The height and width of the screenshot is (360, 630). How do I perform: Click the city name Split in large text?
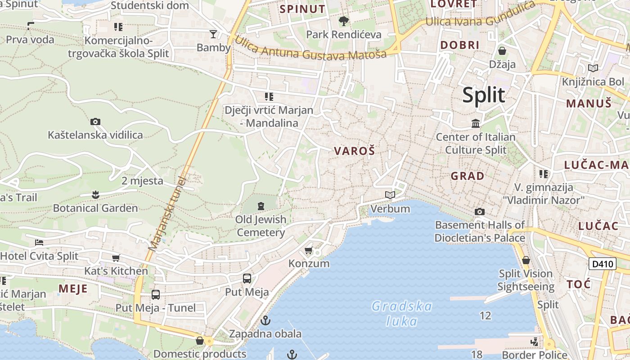click(x=484, y=95)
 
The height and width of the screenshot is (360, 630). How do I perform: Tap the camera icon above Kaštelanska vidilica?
click(x=95, y=121)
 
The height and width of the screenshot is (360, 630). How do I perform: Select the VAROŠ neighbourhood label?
click(x=354, y=151)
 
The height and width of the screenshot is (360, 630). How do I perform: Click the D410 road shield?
click(x=602, y=264)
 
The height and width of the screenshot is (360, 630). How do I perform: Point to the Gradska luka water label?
click(x=402, y=314)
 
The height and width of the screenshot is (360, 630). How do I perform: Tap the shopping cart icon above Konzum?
click(x=309, y=250)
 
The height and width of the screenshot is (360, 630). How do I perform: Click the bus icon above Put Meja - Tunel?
click(x=156, y=295)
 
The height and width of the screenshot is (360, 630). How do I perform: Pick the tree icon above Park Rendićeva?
click(x=343, y=21)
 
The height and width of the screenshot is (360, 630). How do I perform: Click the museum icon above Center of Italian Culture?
click(x=476, y=123)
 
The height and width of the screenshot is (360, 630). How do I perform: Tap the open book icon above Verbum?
click(x=390, y=195)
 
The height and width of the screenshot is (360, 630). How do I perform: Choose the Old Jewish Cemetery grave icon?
click(x=261, y=206)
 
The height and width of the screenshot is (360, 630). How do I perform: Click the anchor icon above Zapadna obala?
click(x=265, y=320)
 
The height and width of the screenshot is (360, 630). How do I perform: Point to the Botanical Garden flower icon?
click(x=95, y=194)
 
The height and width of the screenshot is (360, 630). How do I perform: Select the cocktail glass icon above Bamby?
click(x=213, y=34)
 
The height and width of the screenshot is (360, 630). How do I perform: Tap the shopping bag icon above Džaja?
click(x=502, y=51)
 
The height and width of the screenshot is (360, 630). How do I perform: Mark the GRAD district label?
click(x=468, y=176)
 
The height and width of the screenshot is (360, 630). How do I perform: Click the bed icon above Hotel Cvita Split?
click(x=39, y=243)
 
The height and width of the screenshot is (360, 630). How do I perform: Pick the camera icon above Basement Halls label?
click(x=480, y=211)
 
